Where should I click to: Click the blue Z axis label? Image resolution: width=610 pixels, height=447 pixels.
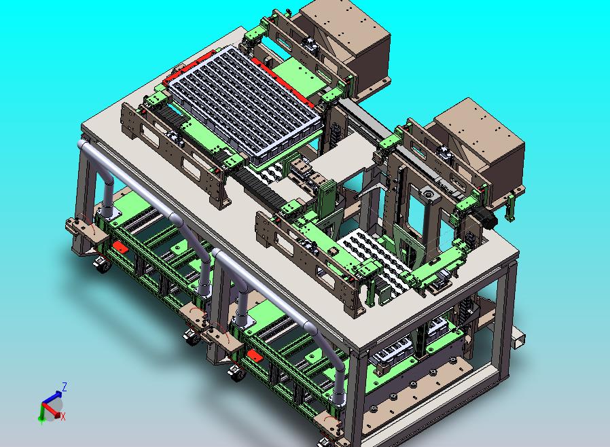point(64,387)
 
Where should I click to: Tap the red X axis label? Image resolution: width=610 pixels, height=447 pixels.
point(63,416)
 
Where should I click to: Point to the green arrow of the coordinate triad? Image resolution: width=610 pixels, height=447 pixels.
point(41,413)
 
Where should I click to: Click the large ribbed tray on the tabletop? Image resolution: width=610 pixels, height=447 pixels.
point(245,103)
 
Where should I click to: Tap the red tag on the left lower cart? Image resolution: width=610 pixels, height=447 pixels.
point(120,247)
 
